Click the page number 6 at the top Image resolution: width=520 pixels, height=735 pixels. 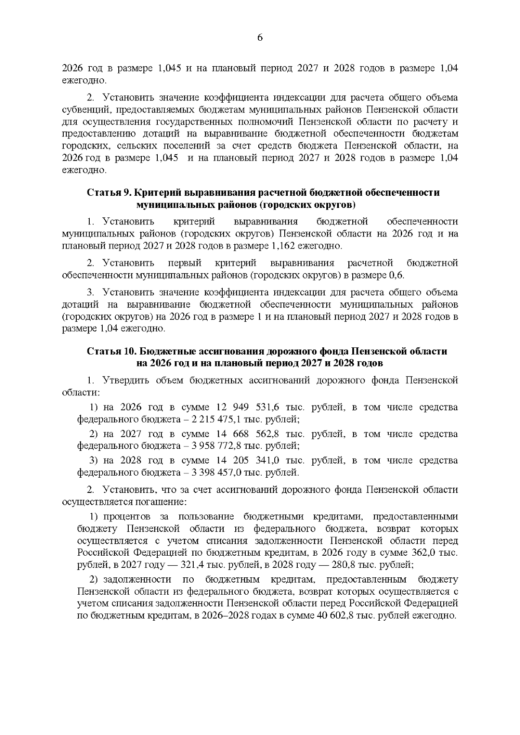pyautogui.click(x=260, y=38)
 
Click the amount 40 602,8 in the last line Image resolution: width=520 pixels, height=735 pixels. pyautogui.click(x=340, y=616)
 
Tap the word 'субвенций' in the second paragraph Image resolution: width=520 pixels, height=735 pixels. pyautogui.click(x=82, y=110)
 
